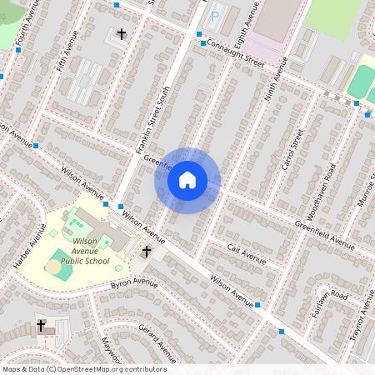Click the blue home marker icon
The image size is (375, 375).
click(187, 180)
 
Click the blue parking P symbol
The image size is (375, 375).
click(214, 17)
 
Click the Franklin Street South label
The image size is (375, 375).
click(151, 124)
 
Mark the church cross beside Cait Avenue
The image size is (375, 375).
click(147, 251)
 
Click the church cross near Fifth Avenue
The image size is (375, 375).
click(122, 34)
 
